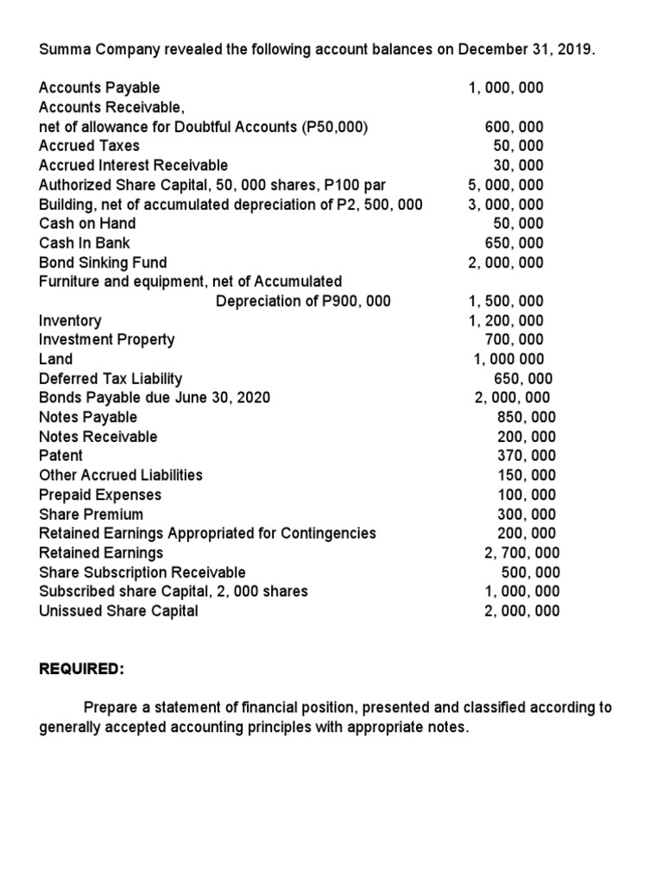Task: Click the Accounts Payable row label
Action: click(x=99, y=87)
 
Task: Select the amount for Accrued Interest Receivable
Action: click(x=518, y=165)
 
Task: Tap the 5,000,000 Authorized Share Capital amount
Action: click(x=506, y=185)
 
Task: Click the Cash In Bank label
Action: click(x=85, y=243)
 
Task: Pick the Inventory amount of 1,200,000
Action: click(x=506, y=320)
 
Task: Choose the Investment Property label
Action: click(x=107, y=339)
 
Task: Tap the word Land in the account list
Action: click(x=56, y=359)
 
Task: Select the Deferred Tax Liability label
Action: click(x=110, y=378)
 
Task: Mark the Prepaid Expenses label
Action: click(x=100, y=495)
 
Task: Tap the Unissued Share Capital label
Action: click(x=118, y=610)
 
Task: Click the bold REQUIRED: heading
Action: click(x=82, y=669)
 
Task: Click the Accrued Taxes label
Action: click(x=89, y=145)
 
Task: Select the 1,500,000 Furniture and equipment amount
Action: click(x=506, y=301)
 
